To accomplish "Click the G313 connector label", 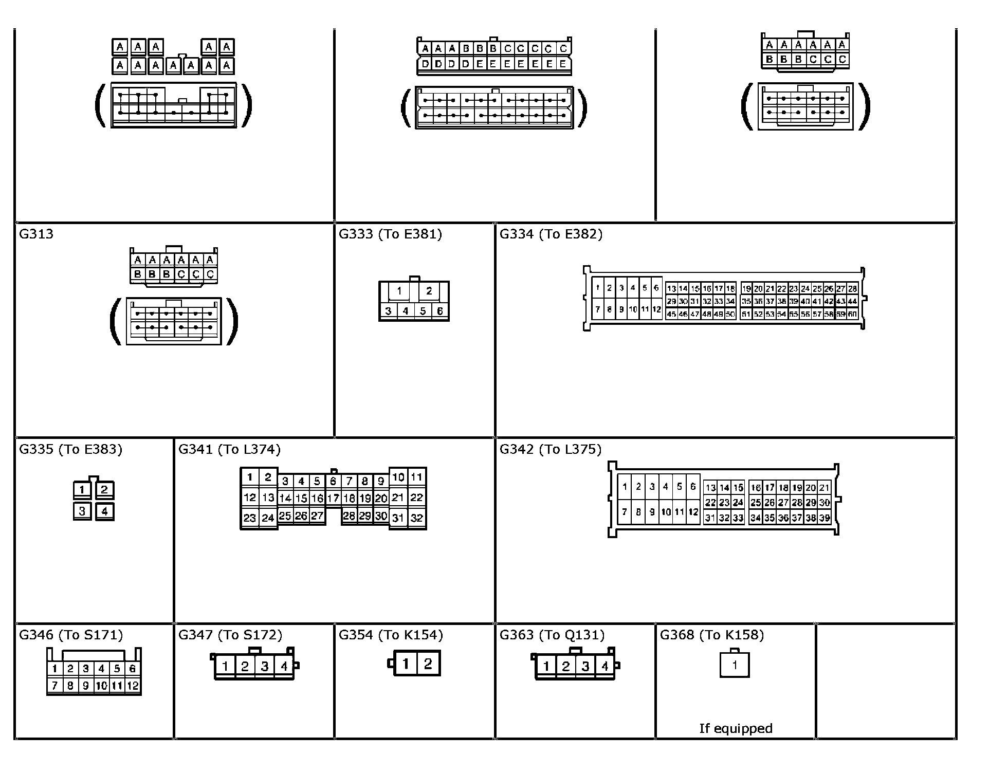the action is coord(36,234).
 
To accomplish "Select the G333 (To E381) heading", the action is coord(390,234).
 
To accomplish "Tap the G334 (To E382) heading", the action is coord(551,234).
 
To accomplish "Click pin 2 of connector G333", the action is coord(429,291).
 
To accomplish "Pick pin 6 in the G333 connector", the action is coord(440,311).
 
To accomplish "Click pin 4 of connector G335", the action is coord(104,511).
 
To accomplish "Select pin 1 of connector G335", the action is coord(82,489).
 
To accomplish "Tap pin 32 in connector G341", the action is coord(417,518).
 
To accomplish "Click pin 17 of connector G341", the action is coord(333,498).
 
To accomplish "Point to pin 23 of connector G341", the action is coord(250,518).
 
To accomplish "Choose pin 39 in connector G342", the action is coord(825,518).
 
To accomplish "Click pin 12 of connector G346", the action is coord(133,686).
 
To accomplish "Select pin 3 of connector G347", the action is coord(264,666).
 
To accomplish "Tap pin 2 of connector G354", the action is coord(428,664).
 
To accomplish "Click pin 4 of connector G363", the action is coord(605,666).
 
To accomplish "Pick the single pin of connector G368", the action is coord(735,665).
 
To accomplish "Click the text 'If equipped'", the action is coord(736,728).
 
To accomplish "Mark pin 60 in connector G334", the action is coord(852,314).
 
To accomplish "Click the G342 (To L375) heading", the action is coord(550,449).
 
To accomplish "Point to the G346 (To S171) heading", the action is coord(71,635).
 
